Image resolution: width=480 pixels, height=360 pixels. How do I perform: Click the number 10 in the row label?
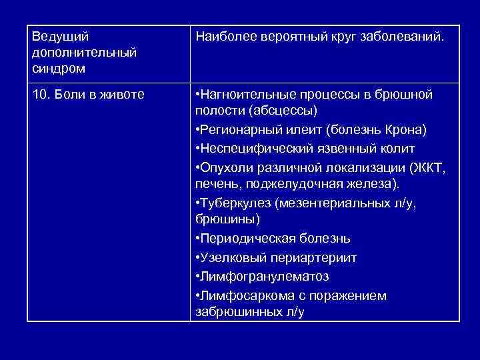[39, 95]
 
